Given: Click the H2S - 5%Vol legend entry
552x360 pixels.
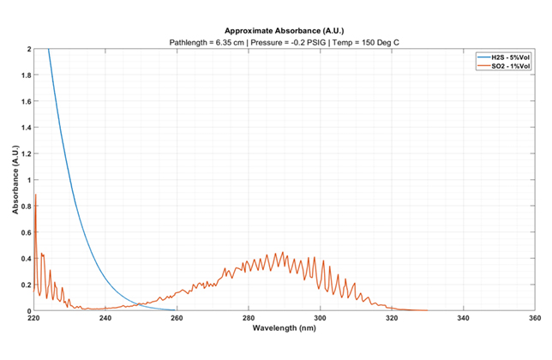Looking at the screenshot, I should point(506,57).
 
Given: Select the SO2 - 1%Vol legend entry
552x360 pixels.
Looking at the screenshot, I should point(506,65).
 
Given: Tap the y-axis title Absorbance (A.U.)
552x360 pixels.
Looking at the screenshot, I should point(15,180).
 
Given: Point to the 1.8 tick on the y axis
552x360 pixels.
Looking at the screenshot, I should point(25,76).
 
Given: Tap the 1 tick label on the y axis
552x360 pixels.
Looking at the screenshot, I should point(28,180).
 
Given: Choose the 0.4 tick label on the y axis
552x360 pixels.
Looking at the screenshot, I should point(25,258).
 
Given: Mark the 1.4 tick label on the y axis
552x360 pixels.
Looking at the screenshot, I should point(25,128).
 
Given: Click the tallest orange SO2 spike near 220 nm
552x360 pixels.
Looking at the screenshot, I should point(35,196).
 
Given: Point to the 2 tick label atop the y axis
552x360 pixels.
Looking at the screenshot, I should point(28,50).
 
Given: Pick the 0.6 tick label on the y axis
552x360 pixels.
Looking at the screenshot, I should point(25,232).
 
